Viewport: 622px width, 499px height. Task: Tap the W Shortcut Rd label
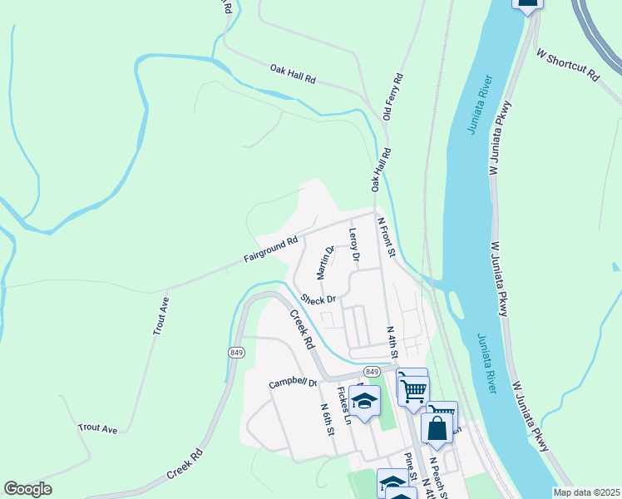click(568, 65)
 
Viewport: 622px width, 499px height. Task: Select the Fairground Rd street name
click(270, 250)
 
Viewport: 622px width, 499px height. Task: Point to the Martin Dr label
click(324, 262)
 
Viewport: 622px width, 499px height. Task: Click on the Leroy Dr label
click(353, 245)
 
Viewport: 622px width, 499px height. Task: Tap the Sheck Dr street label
click(318, 299)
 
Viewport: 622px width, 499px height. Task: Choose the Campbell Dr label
click(293, 383)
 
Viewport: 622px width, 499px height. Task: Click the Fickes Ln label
click(343, 405)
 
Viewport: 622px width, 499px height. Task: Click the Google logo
click(27, 489)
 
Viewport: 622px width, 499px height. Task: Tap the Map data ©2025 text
click(587, 492)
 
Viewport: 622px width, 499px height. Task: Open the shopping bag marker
click(437, 428)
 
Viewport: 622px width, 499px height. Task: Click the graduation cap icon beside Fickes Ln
click(363, 402)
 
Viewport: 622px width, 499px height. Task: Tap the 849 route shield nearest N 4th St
click(372, 371)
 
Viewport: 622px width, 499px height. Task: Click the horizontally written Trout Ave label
click(98, 428)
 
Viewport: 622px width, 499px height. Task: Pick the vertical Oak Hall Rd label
click(381, 171)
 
